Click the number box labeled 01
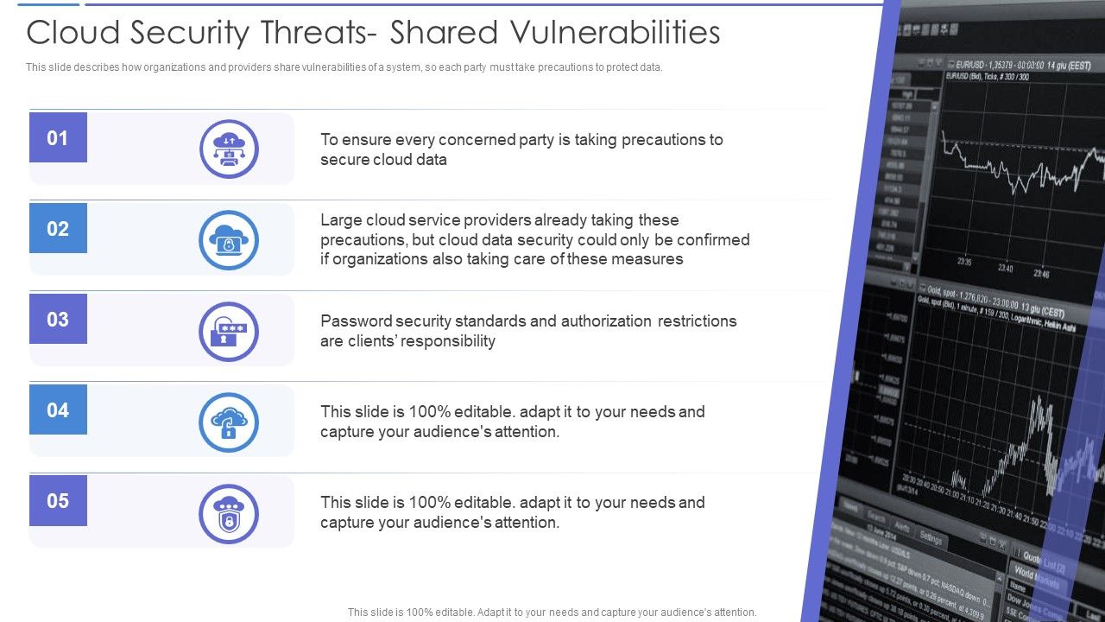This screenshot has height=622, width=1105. pyautogui.click(x=58, y=137)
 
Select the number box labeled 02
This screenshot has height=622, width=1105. pyautogui.click(x=58, y=228)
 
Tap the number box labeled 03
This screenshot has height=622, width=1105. pyautogui.click(x=58, y=319)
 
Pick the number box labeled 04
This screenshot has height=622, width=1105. pyautogui.click(x=58, y=409)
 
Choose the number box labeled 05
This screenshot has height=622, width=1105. pyautogui.click(x=58, y=500)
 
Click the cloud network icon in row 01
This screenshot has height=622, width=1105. pyautogui.click(x=229, y=149)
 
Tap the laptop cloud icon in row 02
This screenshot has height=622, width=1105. pyautogui.click(x=229, y=240)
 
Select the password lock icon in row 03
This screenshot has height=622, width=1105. pyautogui.click(x=229, y=331)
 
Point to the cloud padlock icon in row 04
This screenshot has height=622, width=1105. pyautogui.click(x=229, y=422)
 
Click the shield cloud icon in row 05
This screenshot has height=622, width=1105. pyautogui.click(x=229, y=514)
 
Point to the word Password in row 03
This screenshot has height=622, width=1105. pyautogui.click(x=357, y=321)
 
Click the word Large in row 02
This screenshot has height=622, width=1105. pyautogui.click(x=342, y=220)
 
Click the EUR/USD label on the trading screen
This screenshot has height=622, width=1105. pyautogui.click(x=966, y=64)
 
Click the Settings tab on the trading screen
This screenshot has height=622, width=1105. pyautogui.click(x=931, y=538)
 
